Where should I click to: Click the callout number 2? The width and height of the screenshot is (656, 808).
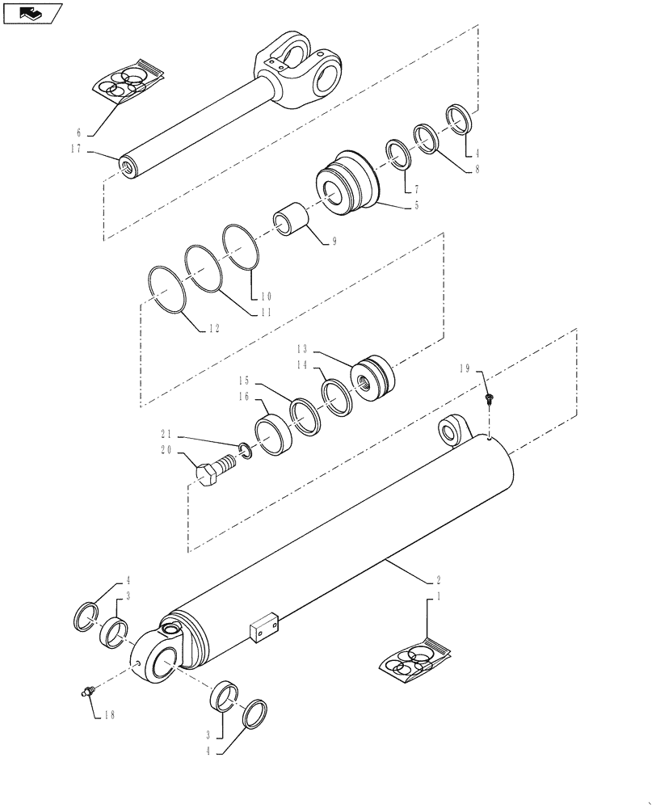coord(437,580)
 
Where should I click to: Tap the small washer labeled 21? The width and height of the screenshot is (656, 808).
coord(246,448)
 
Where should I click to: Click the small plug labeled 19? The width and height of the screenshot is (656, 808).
coord(490,399)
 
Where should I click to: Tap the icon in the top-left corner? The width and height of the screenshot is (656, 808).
coord(32,13)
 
